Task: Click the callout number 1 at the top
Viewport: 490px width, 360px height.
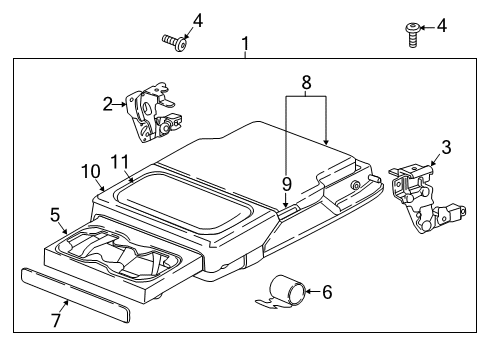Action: [x=245, y=44]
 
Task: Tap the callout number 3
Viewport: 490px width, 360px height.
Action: [x=445, y=148]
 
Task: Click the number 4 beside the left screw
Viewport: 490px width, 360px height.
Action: [x=198, y=20]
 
